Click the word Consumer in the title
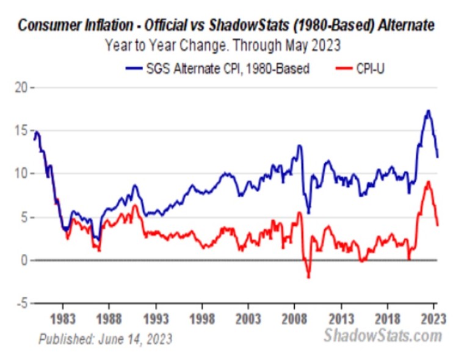coord(45,26)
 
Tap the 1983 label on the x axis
coord(63,319)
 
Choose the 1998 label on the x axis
coord(202,319)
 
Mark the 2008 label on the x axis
coord(295,319)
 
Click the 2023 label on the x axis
coord(432,319)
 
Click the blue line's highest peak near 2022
coord(429,110)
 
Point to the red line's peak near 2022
coord(429,181)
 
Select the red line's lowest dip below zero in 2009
coord(308,278)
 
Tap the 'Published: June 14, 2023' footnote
coord(105,338)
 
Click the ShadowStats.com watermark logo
coord(382,336)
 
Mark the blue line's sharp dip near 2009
coord(309,213)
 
